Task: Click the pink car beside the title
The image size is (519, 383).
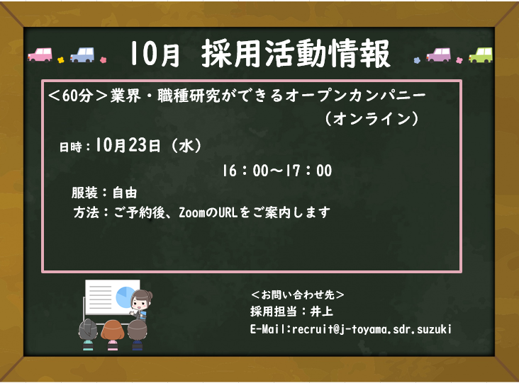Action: click(x=40, y=55)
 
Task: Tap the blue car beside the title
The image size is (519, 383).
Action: click(x=82, y=55)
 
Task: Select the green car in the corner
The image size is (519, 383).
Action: click(x=481, y=55)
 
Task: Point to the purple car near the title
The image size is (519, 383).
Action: click(x=439, y=55)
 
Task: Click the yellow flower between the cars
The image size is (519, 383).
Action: click(x=60, y=59)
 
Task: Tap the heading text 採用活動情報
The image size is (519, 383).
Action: click(x=296, y=54)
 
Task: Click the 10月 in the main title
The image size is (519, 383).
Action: click(x=155, y=54)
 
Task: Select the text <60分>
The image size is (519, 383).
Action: click(x=78, y=96)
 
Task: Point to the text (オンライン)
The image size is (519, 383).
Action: click(x=372, y=119)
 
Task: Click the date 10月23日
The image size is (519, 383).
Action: click(x=128, y=145)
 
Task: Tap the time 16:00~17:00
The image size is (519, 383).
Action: click(x=277, y=171)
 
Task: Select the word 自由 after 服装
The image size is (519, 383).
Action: click(x=125, y=193)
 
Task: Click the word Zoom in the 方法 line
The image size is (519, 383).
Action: click(x=192, y=212)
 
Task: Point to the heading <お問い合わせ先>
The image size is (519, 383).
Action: click(x=297, y=295)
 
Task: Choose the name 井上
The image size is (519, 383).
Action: click(x=321, y=311)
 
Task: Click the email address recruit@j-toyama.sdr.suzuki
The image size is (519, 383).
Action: click(x=372, y=329)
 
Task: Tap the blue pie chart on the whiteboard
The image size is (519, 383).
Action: click(x=125, y=296)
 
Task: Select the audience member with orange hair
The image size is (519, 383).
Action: click(x=112, y=334)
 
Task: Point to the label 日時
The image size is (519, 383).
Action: click(x=70, y=147)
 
